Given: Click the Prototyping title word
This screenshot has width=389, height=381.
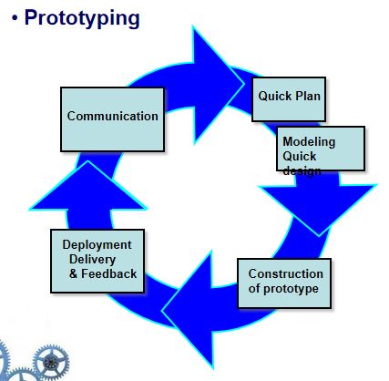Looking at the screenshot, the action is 82,18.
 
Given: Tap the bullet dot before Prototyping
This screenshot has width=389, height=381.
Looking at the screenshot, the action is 15,18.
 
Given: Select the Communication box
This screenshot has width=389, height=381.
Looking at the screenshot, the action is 113,119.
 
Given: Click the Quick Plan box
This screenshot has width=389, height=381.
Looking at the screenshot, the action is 289,99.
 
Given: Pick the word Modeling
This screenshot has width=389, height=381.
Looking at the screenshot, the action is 309,141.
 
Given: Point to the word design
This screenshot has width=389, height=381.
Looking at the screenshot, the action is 302,171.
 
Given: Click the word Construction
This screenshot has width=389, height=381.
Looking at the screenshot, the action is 286,273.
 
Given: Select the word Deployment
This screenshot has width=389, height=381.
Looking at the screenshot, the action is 97,245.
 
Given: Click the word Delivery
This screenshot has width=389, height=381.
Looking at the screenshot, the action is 92,260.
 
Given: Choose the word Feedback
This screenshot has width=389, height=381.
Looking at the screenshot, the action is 109,273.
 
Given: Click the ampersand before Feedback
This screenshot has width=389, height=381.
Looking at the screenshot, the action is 73,273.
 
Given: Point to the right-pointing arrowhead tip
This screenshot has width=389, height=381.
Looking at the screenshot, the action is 244,84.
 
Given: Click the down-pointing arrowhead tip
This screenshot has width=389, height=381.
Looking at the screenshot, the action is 319,236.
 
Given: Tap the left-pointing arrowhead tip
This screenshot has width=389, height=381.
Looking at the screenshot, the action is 162,311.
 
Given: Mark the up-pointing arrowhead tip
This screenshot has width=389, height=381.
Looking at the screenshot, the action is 88,161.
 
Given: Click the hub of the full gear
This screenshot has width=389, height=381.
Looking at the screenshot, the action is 51,362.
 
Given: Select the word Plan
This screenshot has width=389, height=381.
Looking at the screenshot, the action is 308,97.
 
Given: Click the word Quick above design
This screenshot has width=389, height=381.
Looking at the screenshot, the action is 300,157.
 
